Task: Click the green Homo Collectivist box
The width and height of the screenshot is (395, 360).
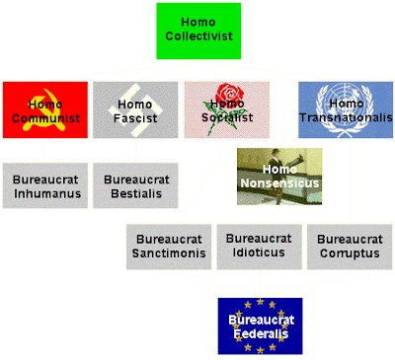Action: pyautogui.click(x=198, y=32)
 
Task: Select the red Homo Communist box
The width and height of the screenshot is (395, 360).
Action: pyautogui.click(x=45, y=109)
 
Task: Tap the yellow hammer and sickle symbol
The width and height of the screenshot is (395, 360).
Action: pyautogui.click(x=45, y=109)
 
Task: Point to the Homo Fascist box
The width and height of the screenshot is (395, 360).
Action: pyautogui.click(x=135, y=109)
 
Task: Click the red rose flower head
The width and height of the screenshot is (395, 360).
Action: pyautogui.click(x=230, y=93)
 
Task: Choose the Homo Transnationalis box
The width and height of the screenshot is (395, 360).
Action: pyautogui.click(x=346, y=109)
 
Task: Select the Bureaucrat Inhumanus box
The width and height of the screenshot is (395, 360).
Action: pyautogui.click(x=45, y=185)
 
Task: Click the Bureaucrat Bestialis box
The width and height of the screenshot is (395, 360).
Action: pyautogui.click(x=135, y=185)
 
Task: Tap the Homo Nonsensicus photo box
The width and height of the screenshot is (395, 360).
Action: pyautogui.click(x=279, y=177)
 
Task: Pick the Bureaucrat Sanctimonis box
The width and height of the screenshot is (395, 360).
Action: pyautogui.click(x=169, y=247)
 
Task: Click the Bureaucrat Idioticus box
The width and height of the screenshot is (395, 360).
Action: pyautogui.click(x=259, y=247)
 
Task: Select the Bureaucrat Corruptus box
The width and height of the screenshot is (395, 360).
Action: pyautogui.click(x=350, y=247)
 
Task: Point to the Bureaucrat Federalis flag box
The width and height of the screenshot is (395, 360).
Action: pyautogui.click(x=260, y=326)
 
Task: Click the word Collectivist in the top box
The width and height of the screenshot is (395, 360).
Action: pyautogui.click(x=198, y=36)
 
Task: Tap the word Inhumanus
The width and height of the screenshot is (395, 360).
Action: pyautogui.click(x=47, y=193)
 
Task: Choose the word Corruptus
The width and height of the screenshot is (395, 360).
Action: pyautogui.click(x=350, y=253)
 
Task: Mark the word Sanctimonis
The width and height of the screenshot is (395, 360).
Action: pyautogui.click(x=169, y=253)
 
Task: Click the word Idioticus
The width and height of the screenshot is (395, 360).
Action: pyautogui.click(x=259, y=252)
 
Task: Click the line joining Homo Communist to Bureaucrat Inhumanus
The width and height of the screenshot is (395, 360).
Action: pyautogui.click(x=44, y=150)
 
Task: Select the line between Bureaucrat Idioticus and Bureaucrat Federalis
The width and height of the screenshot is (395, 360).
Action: pyautogui.click(x=260, y=284)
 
